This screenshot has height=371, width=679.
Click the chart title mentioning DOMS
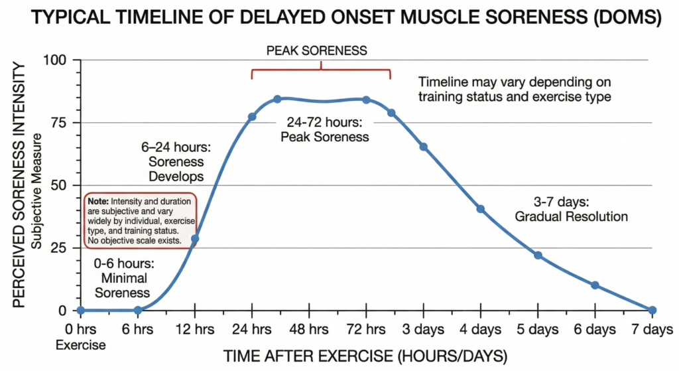339,17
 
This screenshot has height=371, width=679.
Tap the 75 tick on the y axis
58,123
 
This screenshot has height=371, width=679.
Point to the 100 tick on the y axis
56,60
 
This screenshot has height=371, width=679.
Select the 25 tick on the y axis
58,248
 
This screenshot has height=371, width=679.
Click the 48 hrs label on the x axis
309,330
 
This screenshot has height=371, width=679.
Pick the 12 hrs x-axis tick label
195,330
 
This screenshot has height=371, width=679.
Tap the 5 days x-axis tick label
538,330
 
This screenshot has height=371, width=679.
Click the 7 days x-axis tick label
651,330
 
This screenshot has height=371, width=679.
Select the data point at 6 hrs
138,310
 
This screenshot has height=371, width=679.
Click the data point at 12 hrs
195,238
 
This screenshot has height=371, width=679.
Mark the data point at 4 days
481,209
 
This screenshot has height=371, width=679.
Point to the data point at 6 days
595,285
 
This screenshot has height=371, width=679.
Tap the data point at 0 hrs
81,310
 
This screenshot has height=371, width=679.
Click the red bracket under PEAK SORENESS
321,69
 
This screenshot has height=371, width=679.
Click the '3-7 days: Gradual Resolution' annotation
571,209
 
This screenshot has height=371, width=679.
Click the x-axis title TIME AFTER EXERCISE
365,355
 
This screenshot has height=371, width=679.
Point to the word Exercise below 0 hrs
80,344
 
